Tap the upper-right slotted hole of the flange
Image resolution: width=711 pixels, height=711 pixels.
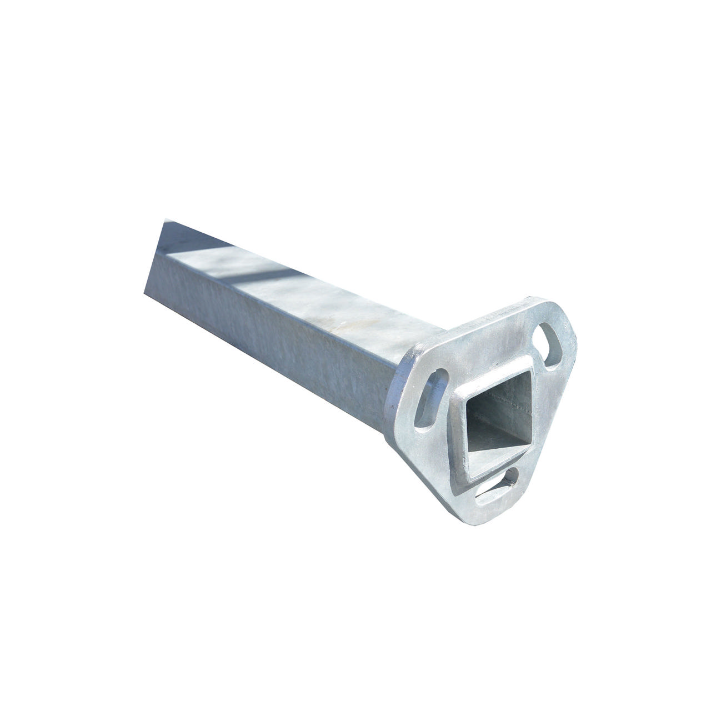[547, 348]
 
